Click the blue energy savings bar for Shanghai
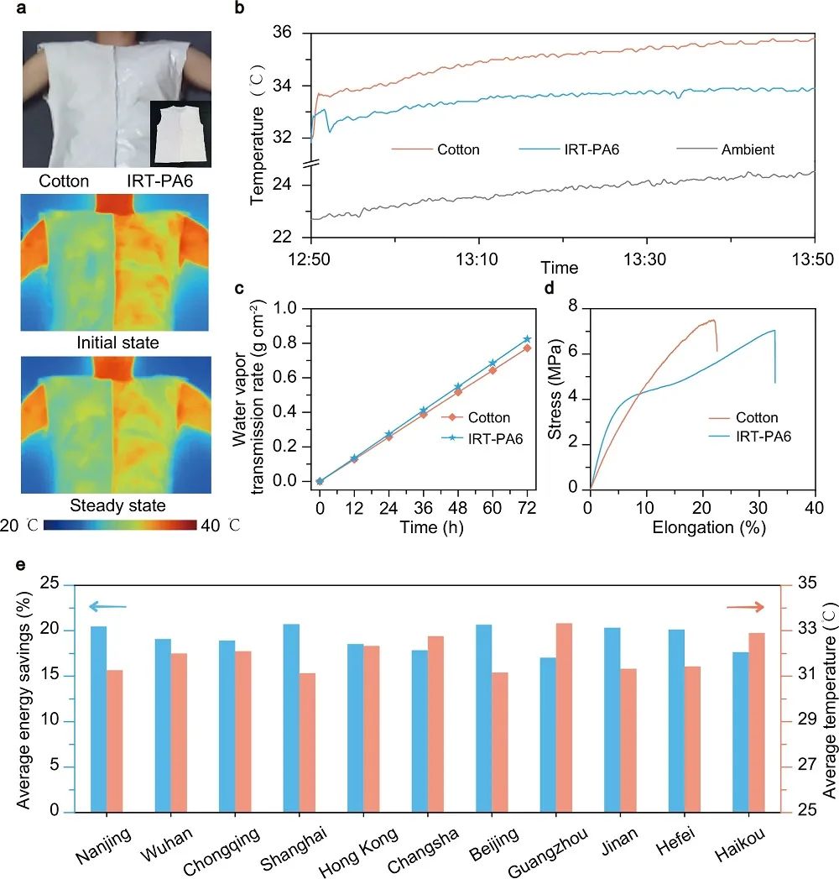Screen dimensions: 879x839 [291, 718]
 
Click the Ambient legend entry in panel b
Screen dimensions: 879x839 [747, 149]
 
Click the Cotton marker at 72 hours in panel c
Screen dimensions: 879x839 [528, 348]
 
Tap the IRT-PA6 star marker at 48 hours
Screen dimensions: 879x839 [458, 387]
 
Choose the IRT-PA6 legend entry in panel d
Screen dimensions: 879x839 [763, 436]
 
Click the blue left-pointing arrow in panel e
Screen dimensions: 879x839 [107, 606]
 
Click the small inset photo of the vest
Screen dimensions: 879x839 [180, 134]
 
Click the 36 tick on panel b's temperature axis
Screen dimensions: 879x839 [291, 33]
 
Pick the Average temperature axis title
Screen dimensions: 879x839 [828, 706]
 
